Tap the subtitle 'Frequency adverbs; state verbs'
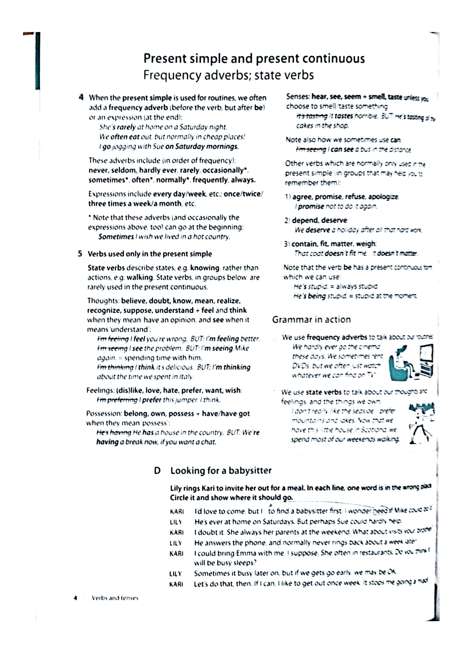tap(228, 75)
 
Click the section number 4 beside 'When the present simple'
tap(81, 97)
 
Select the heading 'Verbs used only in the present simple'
tap(150, 254)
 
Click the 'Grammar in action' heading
tap(311, 319)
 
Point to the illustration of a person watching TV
tap(411, 362)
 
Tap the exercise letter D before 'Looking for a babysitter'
tap(157, 471)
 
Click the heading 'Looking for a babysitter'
tap(221, 471)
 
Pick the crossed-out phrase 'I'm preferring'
tap(117, 400)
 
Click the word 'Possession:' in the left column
tap(104, 413)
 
